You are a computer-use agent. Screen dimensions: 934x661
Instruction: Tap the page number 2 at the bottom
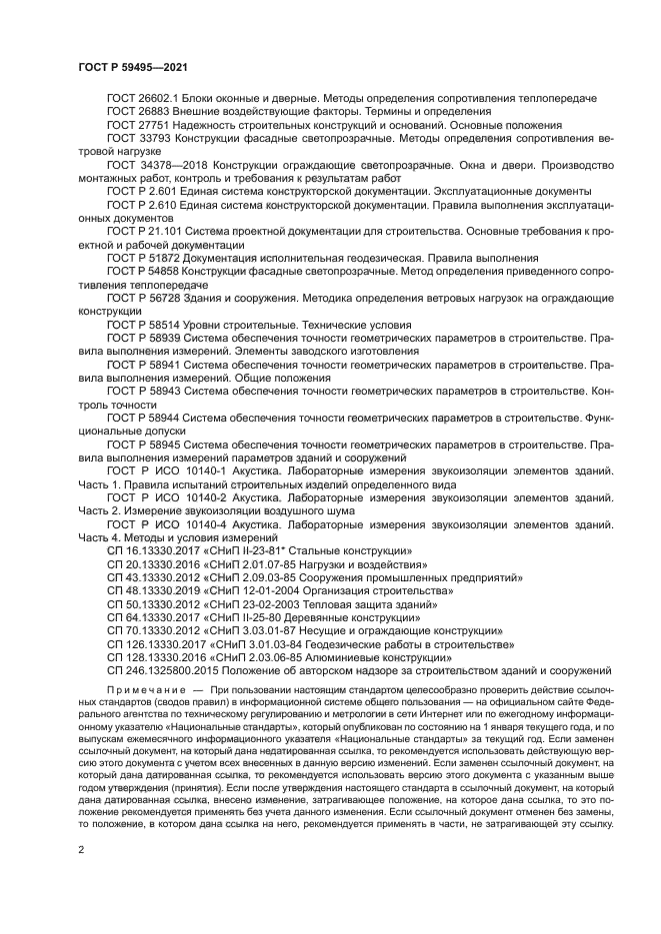pos(81,847)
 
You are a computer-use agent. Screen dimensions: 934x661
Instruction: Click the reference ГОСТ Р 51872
pos(143,257)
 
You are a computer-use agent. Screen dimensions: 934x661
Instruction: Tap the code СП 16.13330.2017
pos(152,550)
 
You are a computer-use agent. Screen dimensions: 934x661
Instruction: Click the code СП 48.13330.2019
pos(152,590)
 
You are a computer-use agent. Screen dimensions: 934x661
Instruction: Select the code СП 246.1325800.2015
pos(158,670)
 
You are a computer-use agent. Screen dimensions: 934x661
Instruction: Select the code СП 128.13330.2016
pos(155,657)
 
